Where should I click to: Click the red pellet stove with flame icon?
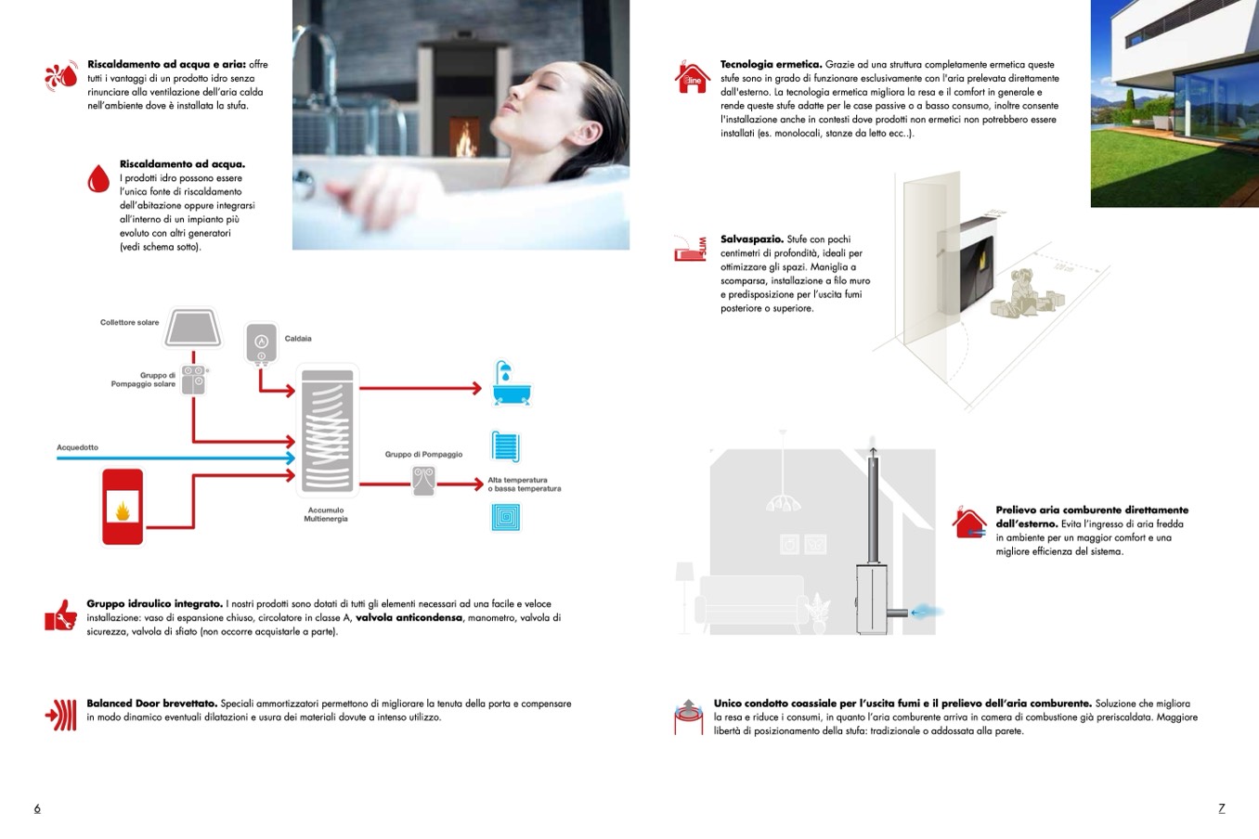coord(122,507)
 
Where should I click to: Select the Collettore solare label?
coord(129,322)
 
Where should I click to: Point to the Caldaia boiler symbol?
coord(262,343)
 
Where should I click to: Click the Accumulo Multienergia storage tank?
coord(327,429)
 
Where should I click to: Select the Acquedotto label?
coord(77,447)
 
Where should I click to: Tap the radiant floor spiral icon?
coord(506,517)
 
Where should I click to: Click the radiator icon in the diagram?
coord(506,446)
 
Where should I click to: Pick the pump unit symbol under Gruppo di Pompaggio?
coord(423,480)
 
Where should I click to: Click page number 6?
coord(37,808)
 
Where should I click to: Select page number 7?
coord(1221,808)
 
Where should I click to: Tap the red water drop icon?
coord(98,178)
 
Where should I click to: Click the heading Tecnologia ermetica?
coord(771,64)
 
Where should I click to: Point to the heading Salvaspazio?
coord(752,239)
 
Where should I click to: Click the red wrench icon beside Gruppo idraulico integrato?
coord(60,614)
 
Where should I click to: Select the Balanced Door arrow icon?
coord(61,715)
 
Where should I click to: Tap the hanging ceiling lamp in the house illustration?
coord(785,502)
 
